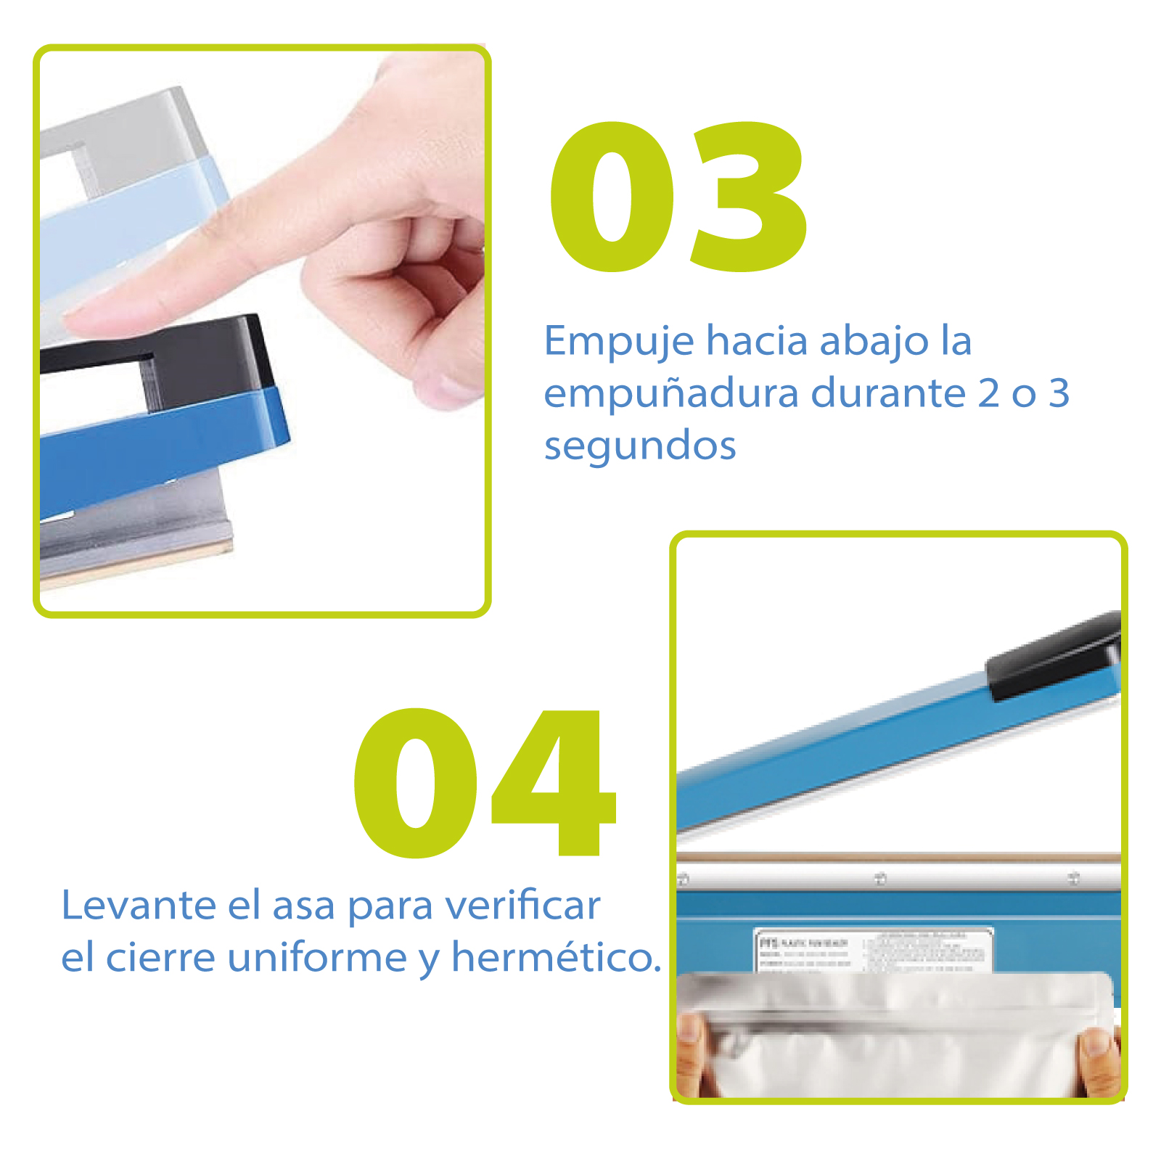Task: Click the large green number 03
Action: click(x=678, y=197)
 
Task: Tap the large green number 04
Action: click(x=485, y=784)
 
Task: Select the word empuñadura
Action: click(x=671, y=394)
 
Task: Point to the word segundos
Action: click(x=640, y=446)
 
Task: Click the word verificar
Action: click(x=522, y=906)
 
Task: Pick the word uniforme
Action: click(x=317, y=957)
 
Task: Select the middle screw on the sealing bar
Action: click(x=880, y=879)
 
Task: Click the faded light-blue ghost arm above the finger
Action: click(x=131, y=218)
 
